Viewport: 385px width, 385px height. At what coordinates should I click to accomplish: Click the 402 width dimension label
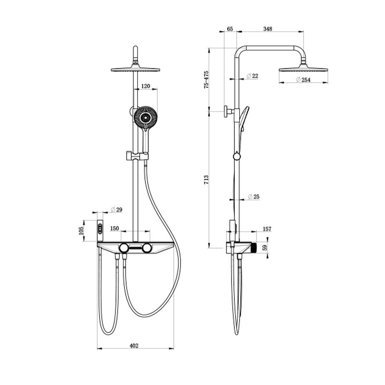pyautogui.click(x=134, y=345)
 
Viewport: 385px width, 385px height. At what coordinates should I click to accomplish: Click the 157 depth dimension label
pyautogui.click(x=268, y=229)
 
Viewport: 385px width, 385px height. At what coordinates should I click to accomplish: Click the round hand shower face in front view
pyautogui.click(x=145, y=118)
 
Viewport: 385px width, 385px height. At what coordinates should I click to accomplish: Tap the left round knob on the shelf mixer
pyautogui.click(x=124, y=248)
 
